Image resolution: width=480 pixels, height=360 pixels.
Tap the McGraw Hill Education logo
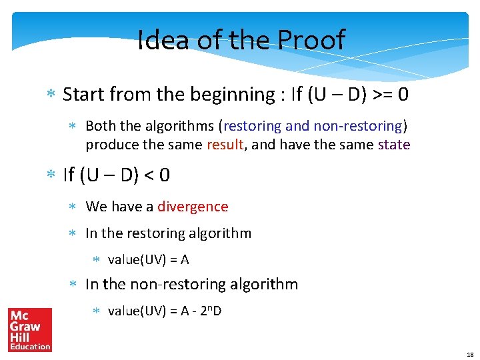point(30,329)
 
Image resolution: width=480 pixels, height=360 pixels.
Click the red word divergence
point(193,207)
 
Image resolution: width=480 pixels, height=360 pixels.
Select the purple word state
point(394,145)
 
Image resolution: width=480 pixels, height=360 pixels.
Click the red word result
point(225,145)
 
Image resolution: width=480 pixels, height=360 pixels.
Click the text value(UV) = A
point(149,259)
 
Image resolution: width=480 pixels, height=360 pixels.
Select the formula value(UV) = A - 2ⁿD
point(165,310)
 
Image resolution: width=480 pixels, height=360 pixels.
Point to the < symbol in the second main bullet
point(147,175)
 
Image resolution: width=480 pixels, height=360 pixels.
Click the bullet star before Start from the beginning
point(51,95)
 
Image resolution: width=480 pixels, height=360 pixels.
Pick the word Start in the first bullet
point(83,95)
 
